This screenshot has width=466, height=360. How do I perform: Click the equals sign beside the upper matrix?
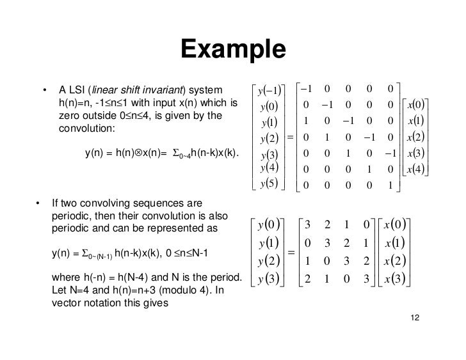click(289, 137)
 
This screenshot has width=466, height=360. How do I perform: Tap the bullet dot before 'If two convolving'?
click(38, 204)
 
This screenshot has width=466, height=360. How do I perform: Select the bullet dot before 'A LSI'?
click(45, 89)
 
